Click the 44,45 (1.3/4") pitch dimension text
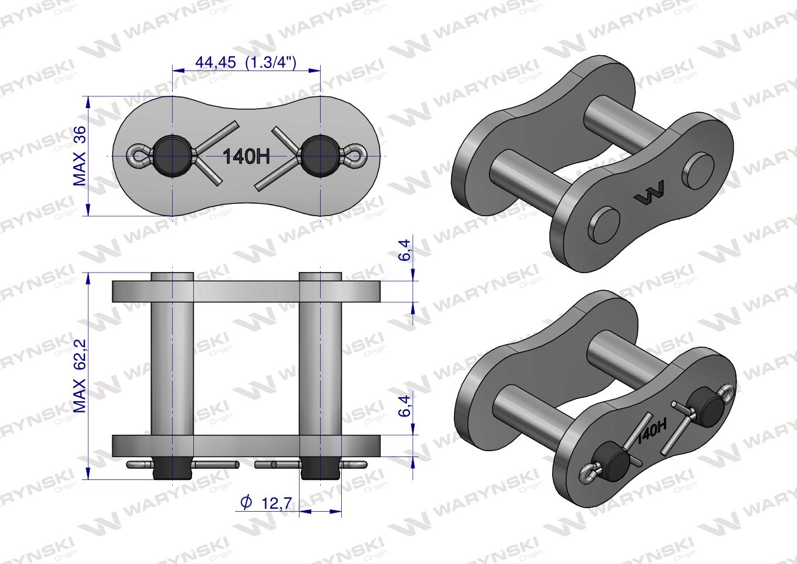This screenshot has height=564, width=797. click(246, 63)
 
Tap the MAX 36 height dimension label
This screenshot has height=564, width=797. click(80, 156)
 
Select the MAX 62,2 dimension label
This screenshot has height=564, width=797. click(80, 376)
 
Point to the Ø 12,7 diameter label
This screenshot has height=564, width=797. click(266, 503)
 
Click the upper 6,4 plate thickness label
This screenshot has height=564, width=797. click(405, 250)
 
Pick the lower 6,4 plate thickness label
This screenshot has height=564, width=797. click(405, 406)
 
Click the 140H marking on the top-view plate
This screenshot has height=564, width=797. click(246, 156)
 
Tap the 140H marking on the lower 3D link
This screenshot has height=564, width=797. click(651, 431)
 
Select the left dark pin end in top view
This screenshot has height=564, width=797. click(172, 156)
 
